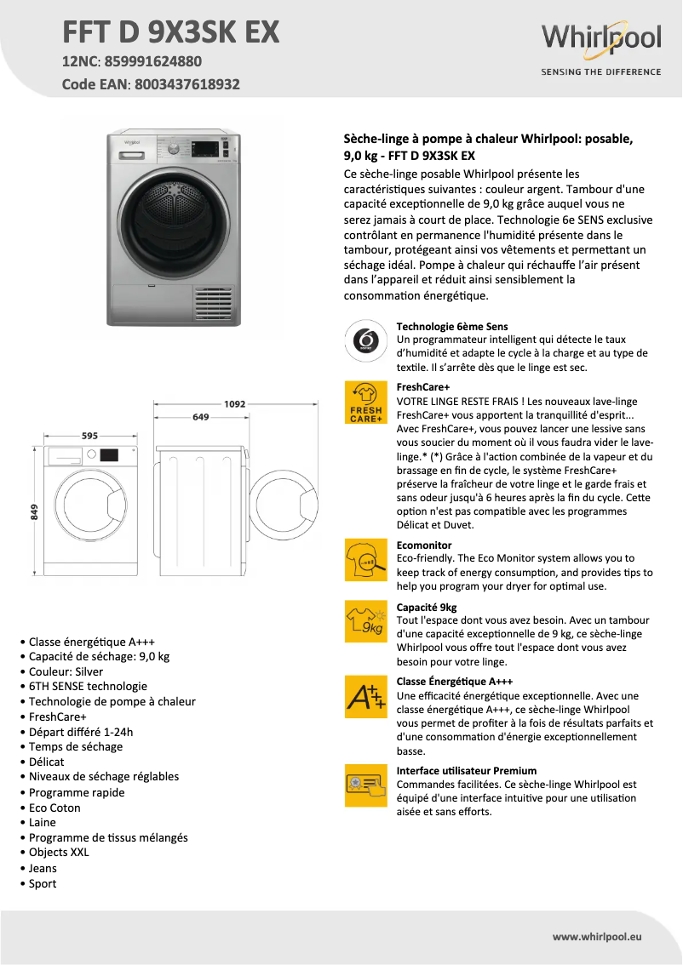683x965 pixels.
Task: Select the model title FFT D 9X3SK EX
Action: [x=170, y=31]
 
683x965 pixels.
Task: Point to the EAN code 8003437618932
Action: [x=185, y=85]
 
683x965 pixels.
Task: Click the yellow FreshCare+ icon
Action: [x=365, y=403]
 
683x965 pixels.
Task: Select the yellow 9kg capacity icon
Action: [x=365, y=621]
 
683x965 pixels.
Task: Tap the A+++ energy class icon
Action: [x=365, y=696]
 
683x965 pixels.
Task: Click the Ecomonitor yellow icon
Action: [x=365, y=559]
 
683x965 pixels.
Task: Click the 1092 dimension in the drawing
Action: [x=234, y=404]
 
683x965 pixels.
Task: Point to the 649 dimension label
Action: [x=201, y=417]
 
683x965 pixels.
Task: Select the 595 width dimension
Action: [x=89, y=436]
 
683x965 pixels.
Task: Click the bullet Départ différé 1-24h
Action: [x=81, y=731]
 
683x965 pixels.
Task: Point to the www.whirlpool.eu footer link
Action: [x=597, y=936]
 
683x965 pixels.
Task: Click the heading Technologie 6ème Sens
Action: [x=452, y=327]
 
